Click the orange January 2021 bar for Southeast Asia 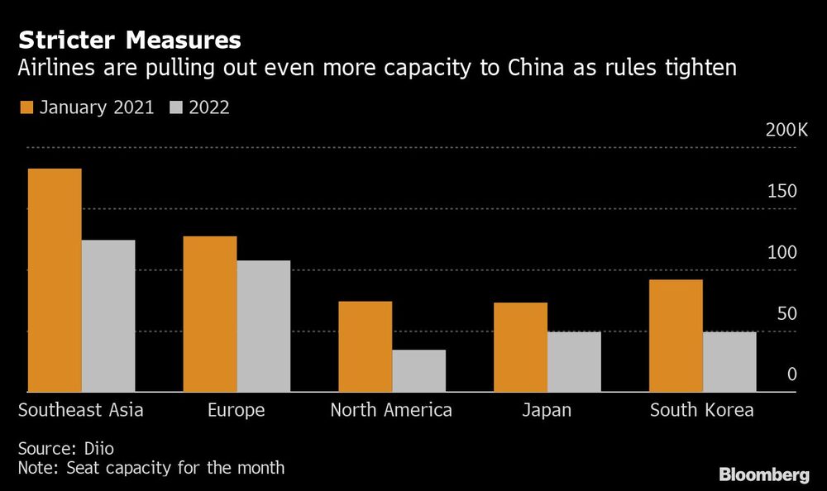coord(55,280)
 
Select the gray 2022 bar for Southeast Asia coord(108,316)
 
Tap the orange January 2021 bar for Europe coord(210,314)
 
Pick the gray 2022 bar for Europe coord(264,326)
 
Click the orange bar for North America coord(366,346)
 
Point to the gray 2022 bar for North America coord(419,370)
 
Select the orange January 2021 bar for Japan coord(521,347)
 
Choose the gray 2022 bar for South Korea coord(729,361)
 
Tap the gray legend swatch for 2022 coord(177,107)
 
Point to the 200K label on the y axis coord(786,131)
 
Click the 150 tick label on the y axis coord(782,192)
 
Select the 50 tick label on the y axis coord(786,314)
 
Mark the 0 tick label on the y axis coord(791,374)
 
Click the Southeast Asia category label coord(81,410)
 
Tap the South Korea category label coord(702,410)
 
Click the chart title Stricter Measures coord(130,39)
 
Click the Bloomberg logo coord(764,474)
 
